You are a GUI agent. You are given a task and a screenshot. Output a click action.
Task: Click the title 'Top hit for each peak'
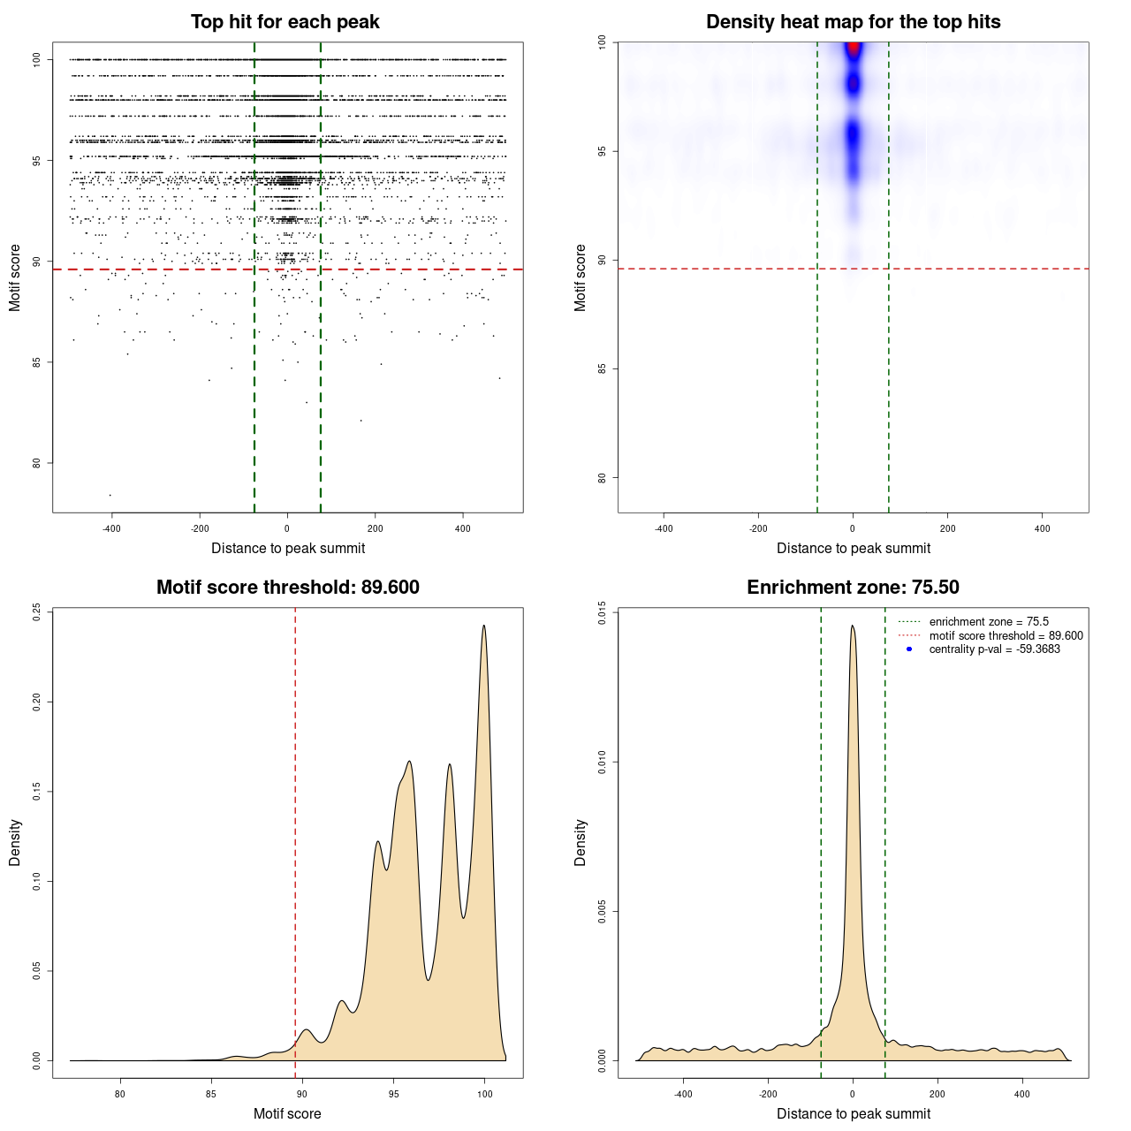[285, 22]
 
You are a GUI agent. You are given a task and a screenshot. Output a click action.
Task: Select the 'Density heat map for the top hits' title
[853, 22]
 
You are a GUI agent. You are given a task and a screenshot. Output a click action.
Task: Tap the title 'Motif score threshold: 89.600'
[287, 588]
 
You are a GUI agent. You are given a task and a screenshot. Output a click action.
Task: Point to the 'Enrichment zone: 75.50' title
[853, 588]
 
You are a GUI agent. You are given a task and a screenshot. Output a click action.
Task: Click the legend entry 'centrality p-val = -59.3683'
[994, 649]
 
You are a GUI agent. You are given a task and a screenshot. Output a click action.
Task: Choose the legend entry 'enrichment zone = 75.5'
[989, 622]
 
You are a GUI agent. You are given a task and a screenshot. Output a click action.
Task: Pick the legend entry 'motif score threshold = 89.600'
[1006, 636]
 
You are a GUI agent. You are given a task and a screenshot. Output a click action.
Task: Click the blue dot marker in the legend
[909, 649]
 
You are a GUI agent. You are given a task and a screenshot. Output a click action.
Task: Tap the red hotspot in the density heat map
[854, 49]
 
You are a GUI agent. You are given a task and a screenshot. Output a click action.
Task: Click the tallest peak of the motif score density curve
[483, 626]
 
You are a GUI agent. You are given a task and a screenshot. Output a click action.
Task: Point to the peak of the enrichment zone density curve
[853, 626]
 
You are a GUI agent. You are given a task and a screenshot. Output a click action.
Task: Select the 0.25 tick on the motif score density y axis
[36, 612]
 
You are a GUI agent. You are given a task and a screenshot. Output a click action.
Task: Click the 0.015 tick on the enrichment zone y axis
[602, 612]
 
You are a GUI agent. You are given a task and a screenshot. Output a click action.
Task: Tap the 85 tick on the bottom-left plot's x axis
[211, 1094]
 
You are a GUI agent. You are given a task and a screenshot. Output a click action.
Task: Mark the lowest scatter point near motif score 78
[110, 495]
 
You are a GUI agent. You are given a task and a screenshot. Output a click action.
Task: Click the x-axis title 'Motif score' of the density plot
[287, 1114]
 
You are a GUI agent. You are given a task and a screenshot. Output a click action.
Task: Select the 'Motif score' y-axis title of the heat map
[581, 277]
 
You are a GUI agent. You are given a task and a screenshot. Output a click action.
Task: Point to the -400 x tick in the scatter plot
[111, 528]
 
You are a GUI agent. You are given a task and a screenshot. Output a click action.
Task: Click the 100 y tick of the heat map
[602, 42]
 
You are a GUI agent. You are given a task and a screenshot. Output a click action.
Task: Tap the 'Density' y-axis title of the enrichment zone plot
[581, 842]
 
